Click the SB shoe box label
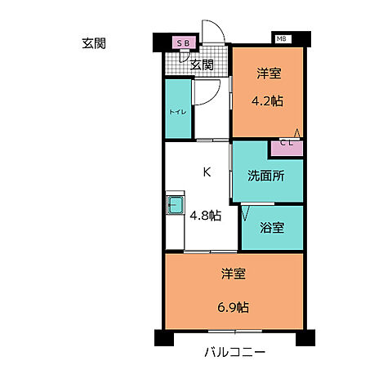pos(181,42)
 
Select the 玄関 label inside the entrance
pos(202,65)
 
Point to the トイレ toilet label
pos(176,110)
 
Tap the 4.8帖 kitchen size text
pos(205,216)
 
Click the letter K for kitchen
pos(207,171)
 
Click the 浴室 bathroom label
pos(273,228)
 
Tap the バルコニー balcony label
pos(235,354)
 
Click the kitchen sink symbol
pos(175,204)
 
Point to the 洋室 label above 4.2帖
pos(269,74)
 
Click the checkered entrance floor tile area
pos(178,64)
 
